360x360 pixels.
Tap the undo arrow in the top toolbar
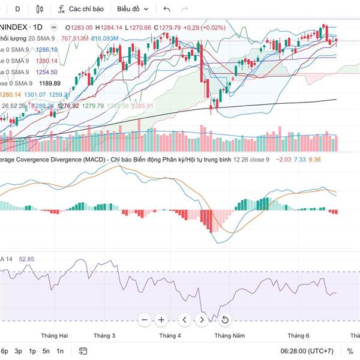pyautogui.click(x=167, y=10)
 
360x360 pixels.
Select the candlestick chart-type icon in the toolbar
pyautogui.click(x=40, y=10)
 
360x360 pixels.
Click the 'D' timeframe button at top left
pyautogui.click(x=17, y=10)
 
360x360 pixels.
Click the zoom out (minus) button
pyautogui.click(x=144, y=320)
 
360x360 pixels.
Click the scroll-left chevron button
pyautogui.click(x=185, y=320)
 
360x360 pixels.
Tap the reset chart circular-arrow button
pyautogui.click(x=224, y=320)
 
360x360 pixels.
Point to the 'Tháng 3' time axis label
pyautogui.click(x=105, y=335)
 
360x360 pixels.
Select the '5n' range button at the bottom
pyautogui.click(x=46, y=351)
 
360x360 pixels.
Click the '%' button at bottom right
pyautogui.click(x=350, y=351)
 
